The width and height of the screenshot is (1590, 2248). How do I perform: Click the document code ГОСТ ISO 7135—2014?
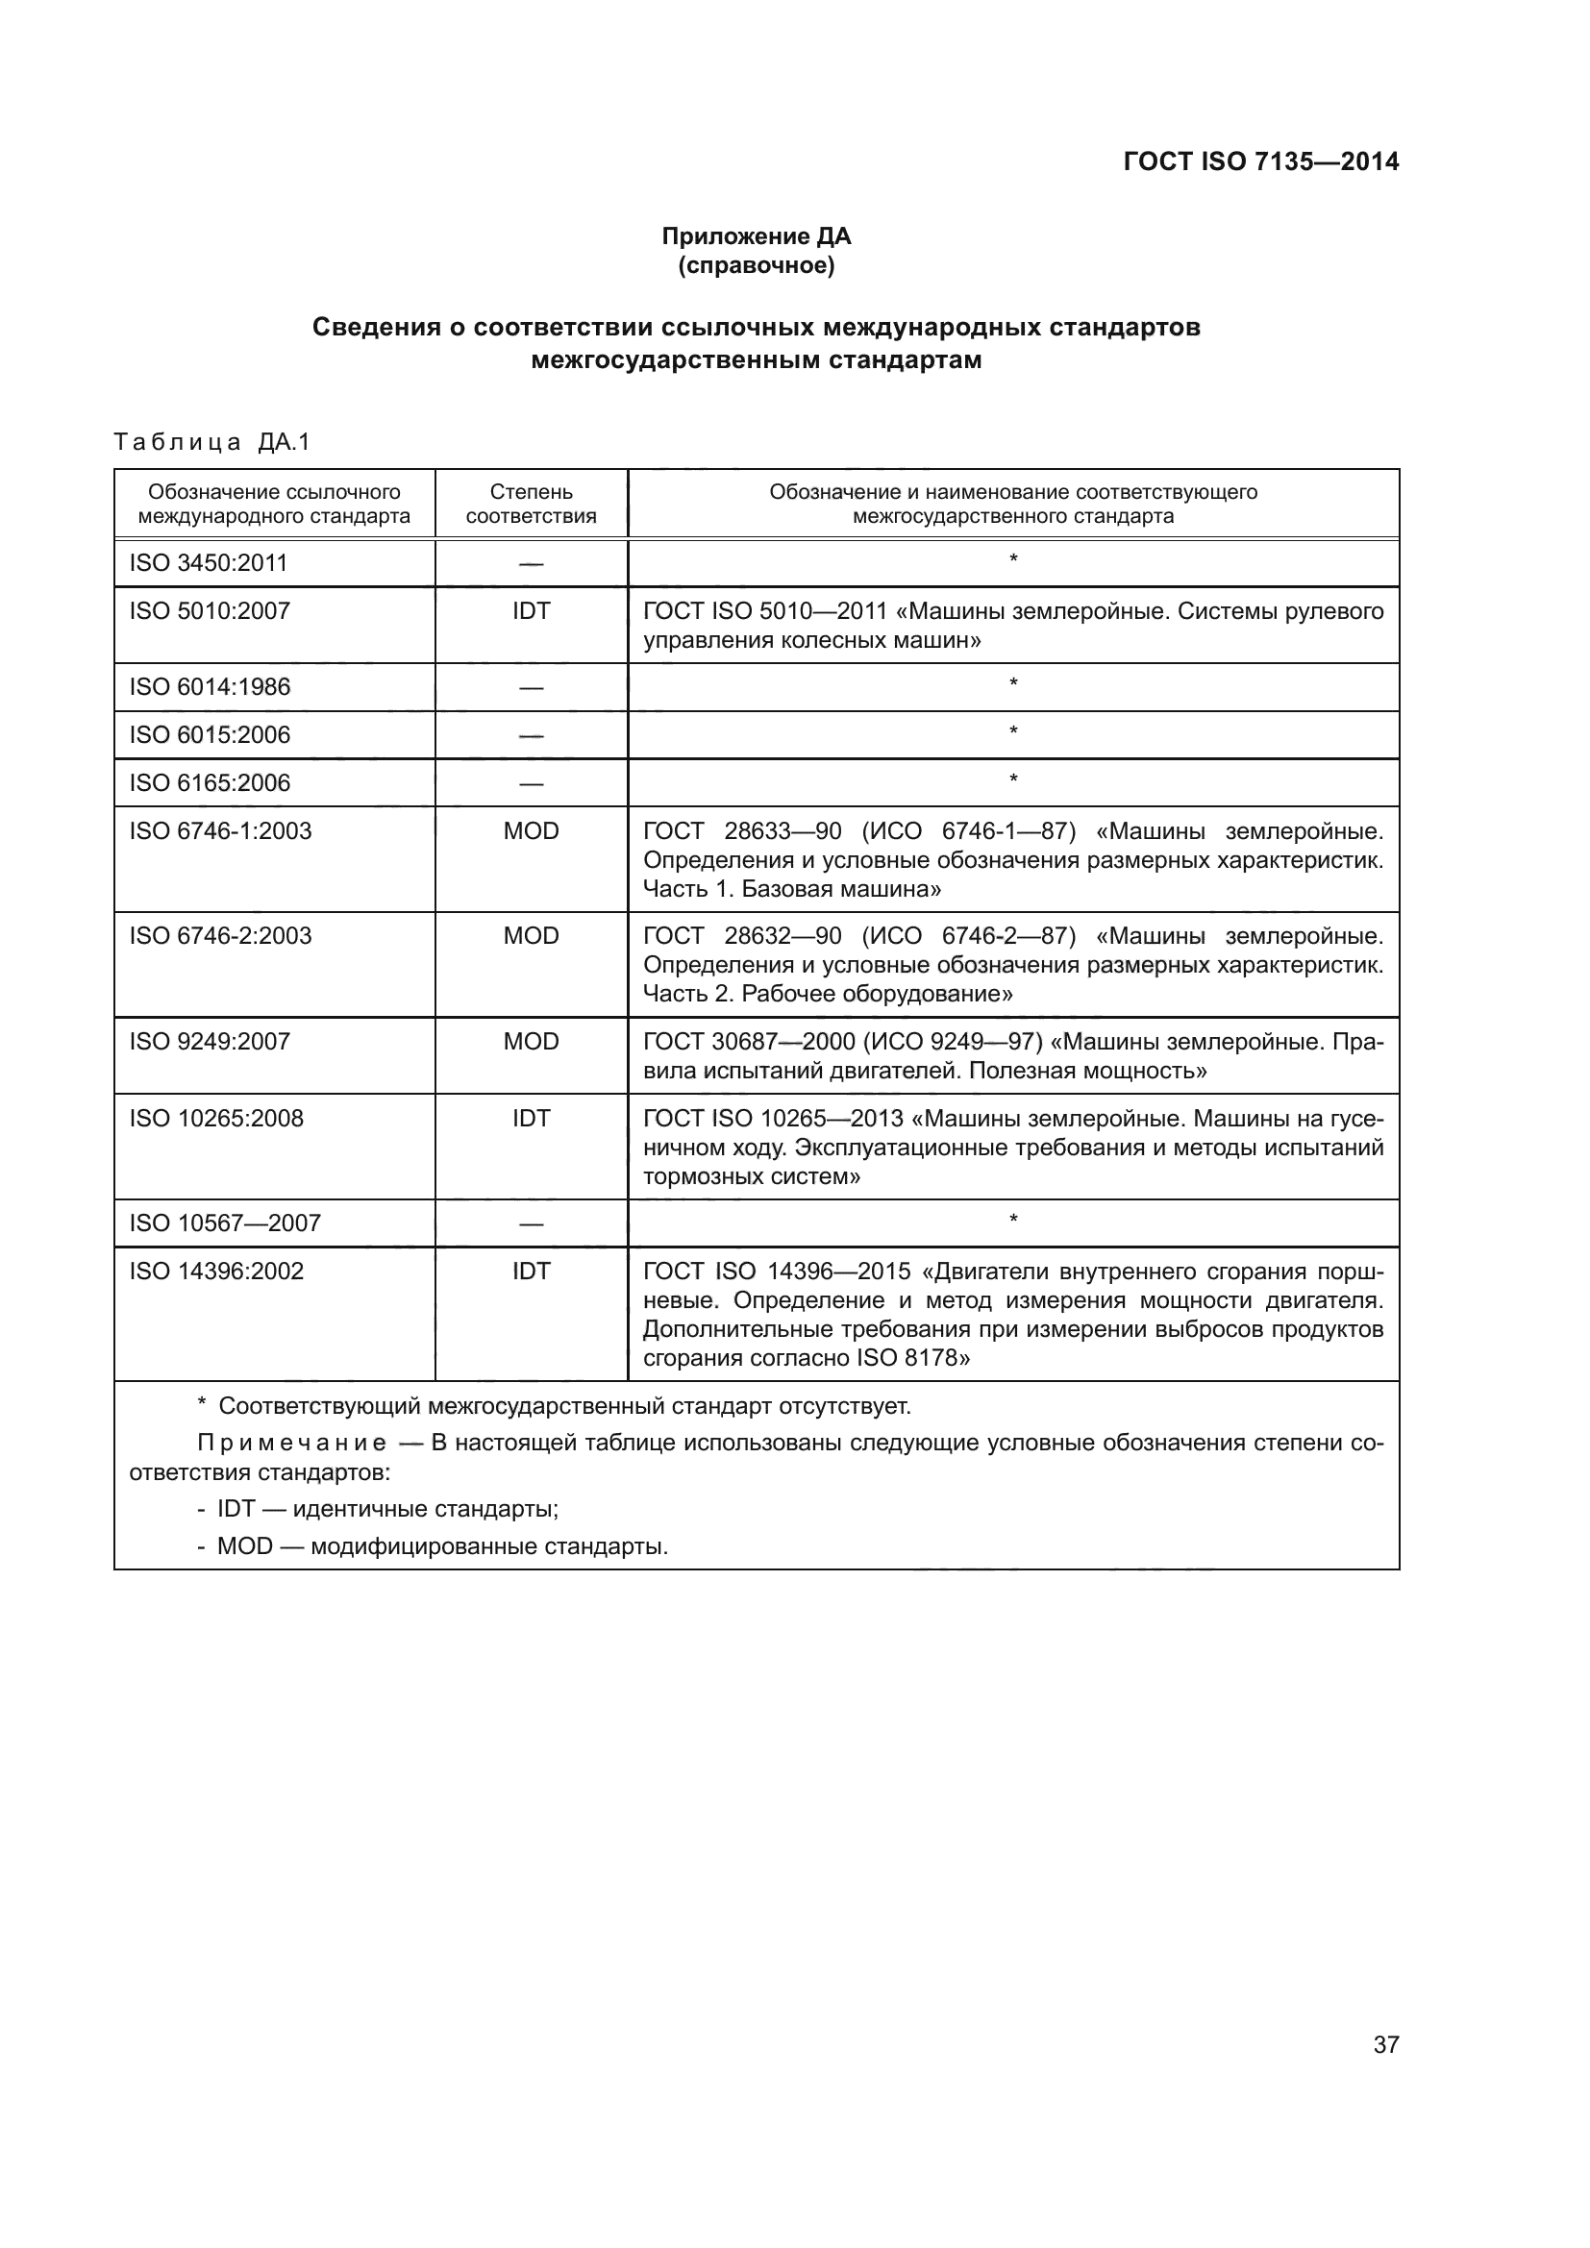pyautogui.click(x=1260, y=161)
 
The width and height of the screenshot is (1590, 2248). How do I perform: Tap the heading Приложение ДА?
pyautogui.click(x=756, y=236)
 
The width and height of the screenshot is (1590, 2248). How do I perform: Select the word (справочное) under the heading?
pyautogui.click(x=756, y=265)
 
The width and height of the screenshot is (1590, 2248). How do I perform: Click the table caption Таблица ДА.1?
pyautogui.click(x=211, y=442)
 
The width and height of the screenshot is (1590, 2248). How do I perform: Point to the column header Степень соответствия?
pyautogui.click(x=531, y=505)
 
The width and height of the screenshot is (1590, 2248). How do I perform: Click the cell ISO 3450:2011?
pyautogui.click(x=209, y=563)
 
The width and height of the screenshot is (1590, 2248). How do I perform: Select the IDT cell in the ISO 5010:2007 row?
pyautogui.click(x=531, y=611)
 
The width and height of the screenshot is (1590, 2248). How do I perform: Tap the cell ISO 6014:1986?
pyautogui.click(x=210, y=687)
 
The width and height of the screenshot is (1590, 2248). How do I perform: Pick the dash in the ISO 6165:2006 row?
pyautogui.click(x=531, y=784)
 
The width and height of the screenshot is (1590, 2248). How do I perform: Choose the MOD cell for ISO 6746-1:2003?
pyautogui.click(x=531, y=831)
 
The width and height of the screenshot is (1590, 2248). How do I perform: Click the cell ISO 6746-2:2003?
pyautogui.click(x=220, y=936)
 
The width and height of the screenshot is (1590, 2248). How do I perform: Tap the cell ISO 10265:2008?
pyautogui.click(x=216, y=1118)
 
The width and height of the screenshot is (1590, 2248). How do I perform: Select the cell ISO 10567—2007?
pyautogui.click(x=225, y=1223)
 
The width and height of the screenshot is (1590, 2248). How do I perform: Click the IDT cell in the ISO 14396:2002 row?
pyautogui.click(x=531, y=1271)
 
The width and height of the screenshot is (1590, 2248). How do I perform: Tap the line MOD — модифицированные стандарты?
pyautogui.click(x=441, y=1547)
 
